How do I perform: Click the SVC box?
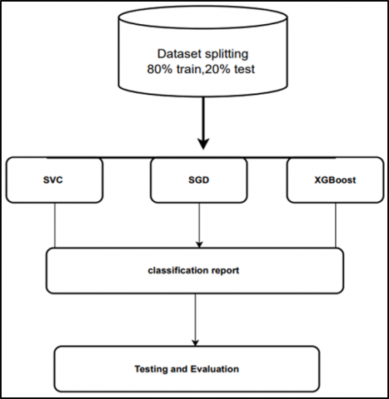coord(55,180)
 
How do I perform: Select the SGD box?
coord(198,180)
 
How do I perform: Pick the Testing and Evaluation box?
coord(187,367)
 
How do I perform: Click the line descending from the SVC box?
coord(56,224)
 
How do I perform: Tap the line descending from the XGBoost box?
coord(335,224)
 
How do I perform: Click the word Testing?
coord(152,367)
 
